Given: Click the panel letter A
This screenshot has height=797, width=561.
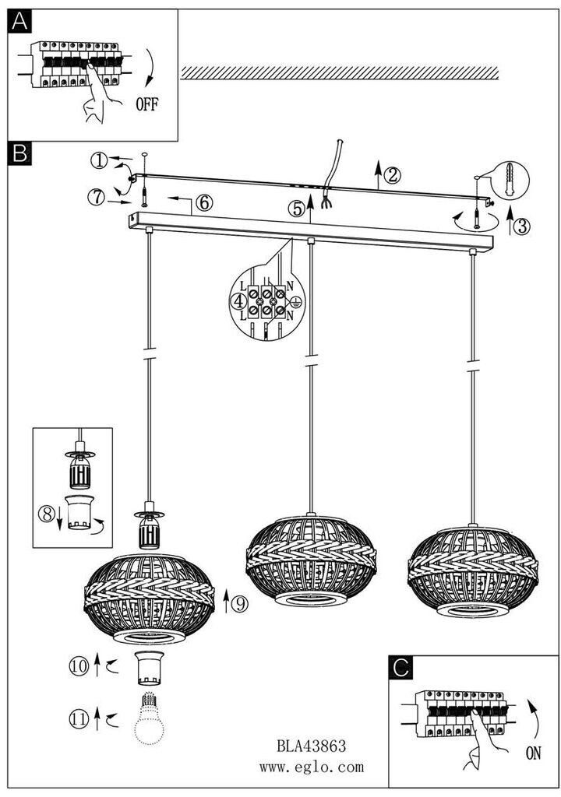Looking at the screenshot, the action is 19,23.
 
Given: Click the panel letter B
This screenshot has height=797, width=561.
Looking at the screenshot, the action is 19,154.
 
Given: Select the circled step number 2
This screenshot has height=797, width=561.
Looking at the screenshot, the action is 393,174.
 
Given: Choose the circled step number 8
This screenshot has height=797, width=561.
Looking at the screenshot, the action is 46,514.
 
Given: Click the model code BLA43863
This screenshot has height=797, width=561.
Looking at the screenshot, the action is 312,745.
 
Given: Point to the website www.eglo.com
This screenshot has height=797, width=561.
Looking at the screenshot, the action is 312,767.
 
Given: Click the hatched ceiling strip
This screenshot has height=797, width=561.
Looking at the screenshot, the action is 340,73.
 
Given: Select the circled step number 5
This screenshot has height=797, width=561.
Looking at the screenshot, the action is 295,209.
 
